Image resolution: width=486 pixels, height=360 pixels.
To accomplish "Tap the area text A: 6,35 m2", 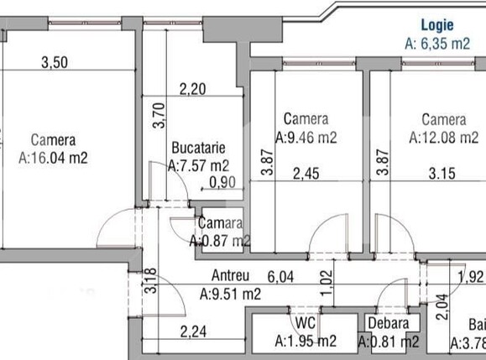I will coord(436,44).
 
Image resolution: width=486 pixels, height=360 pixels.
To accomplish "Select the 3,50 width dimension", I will coord(55,60).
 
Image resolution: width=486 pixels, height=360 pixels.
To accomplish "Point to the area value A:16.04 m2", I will coord(53,156).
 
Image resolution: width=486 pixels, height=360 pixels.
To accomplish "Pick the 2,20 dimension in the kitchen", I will coord(192,86).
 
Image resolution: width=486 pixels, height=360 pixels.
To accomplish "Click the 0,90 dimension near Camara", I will coord(222,181).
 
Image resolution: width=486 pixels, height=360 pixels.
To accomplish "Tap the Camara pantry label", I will coord(220,224).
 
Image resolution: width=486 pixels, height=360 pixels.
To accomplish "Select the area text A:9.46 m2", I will coord(306,138).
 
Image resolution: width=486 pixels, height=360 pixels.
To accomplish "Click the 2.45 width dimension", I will coord(307,175).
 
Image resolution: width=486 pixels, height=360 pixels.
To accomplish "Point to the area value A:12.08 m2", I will coord(443,138).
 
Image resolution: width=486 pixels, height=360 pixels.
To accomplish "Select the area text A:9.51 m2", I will coord(230,294).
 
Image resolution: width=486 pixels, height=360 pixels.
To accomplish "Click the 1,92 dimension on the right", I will coord(470,276).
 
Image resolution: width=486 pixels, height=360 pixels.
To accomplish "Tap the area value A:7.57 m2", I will coord(199,165).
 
